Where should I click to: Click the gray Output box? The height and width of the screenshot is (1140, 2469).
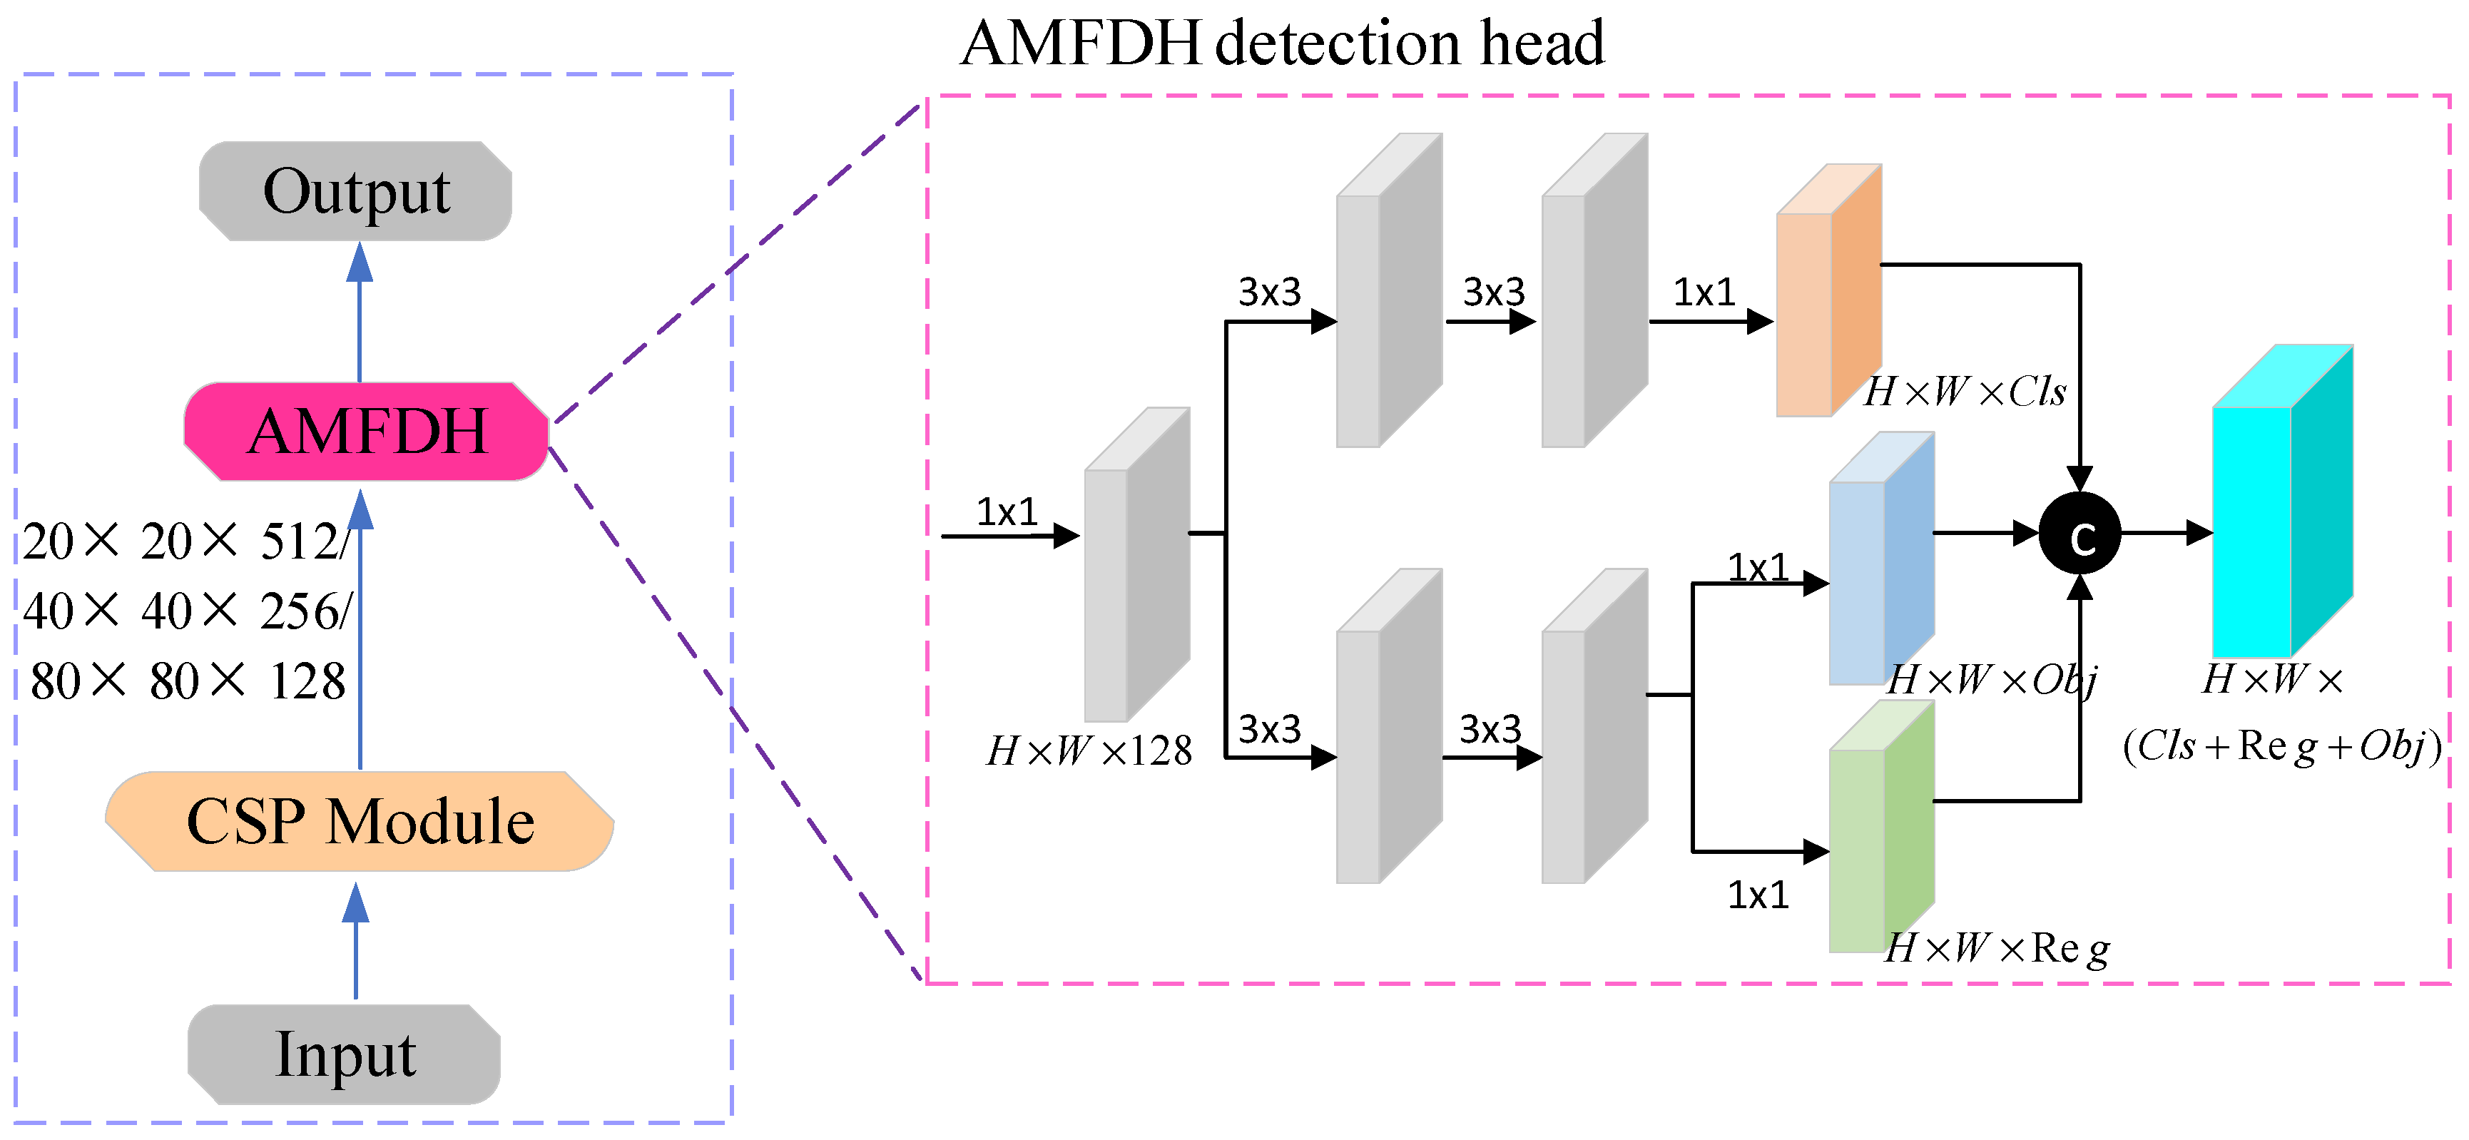pyautogui.click(x=355, y=190)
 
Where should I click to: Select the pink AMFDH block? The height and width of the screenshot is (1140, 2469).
pyautogui.click(x=366, y=432)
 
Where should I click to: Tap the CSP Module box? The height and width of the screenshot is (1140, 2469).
pyautogui.click(x=360, y=822)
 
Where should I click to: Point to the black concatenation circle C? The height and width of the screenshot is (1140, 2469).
pyautogui.click(x=2079, y=534)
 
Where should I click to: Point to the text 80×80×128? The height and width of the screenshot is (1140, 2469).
pyautogui.click(x=188, y=682)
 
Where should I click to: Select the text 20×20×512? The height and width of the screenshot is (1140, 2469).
pyautogui.click(x=182, y=541)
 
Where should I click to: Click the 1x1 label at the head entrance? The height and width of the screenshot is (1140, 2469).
pyautogui.click(x=1007, y=512)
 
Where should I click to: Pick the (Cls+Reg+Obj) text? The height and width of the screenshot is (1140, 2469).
pyautogui.click(x=2281, y=746)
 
